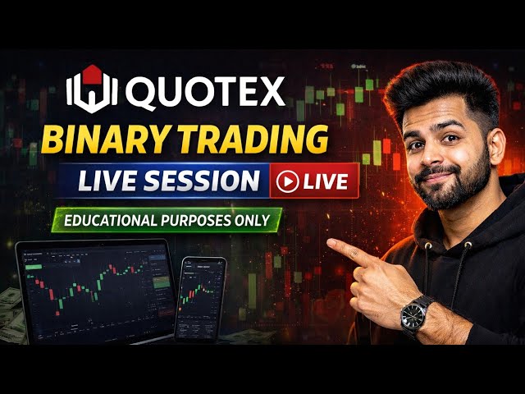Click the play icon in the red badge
coord(287,181)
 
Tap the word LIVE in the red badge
coord(326,181)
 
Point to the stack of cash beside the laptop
coord(10,308)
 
